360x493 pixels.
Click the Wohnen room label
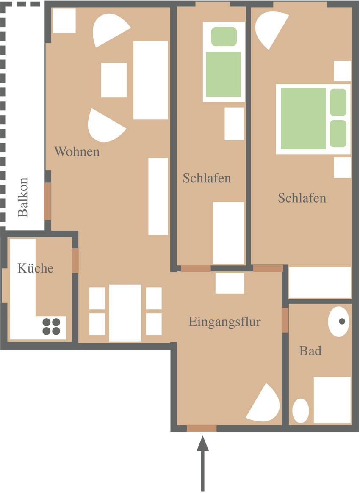(x=77, y=151)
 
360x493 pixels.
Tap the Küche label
(x=36, y=268)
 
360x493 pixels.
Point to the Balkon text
(x=23, y=198)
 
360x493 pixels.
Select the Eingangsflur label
(x=225, y=322)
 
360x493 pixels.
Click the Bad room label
(x=310, y=350)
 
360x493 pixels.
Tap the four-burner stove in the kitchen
(x=51, y=327)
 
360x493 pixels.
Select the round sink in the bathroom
(x=338, y=322)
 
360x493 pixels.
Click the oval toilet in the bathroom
(x=301, y=410)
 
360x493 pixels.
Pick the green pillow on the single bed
(x=224, y=36)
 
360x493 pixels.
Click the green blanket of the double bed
(x=303, y=118)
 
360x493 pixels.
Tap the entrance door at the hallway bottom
(x=202, y=428)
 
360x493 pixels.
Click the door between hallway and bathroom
(x=285, y=320)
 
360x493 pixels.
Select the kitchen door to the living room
(x=75, y=261)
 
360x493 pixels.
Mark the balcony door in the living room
(x=47, y=201)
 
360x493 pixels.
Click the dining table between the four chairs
(x=125, y=313)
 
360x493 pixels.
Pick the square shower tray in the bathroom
(x=332, y=400)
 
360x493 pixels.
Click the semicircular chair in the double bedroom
(x=271, y=28)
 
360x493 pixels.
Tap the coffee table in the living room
(x=114, y=80)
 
